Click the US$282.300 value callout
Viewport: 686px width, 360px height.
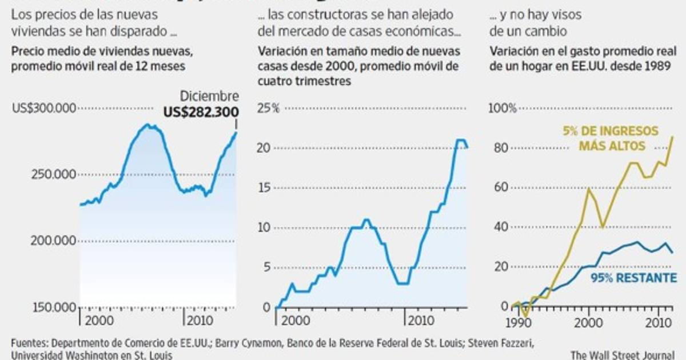tap(201, 112)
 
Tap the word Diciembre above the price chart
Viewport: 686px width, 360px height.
tap(210, 97)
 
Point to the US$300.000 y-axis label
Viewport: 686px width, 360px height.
tap(43, 107)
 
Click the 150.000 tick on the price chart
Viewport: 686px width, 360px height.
tap(50, 307)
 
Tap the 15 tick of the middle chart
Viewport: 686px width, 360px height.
tap(264, 188)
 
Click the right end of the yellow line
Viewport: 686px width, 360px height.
tap(672, 137)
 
